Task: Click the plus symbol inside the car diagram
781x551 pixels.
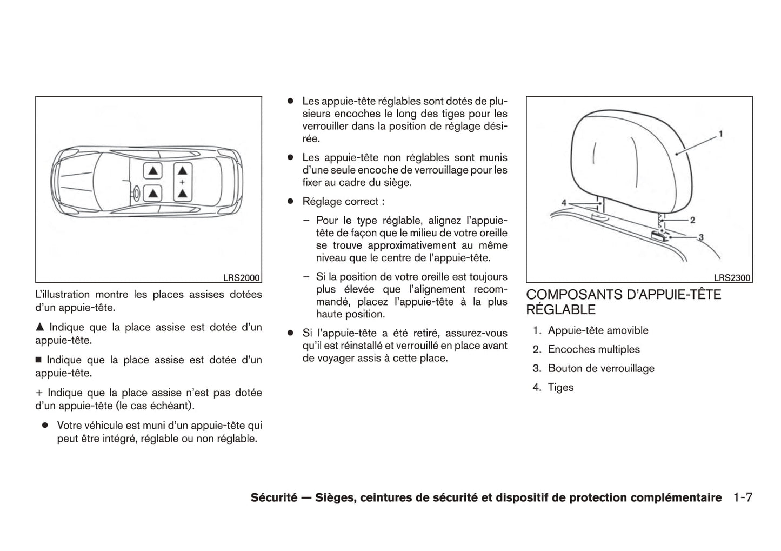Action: (x=182, y=182)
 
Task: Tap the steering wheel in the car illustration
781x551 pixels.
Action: (x=136, y=192)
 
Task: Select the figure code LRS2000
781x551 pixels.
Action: (x=242, y=278)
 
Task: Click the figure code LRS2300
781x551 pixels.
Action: (x=732, y=278)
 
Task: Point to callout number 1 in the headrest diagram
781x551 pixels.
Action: (x=720, y=134)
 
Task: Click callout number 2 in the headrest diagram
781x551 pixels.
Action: (x=692, y=220)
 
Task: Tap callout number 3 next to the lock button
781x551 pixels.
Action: (x=701, y=237)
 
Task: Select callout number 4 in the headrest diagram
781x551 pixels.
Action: (x=564, y=203)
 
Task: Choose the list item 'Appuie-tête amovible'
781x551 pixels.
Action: (x=598, y=330)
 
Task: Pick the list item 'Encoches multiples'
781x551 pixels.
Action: (x=593, y=349)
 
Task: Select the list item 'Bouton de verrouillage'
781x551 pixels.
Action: (x=601, y=368)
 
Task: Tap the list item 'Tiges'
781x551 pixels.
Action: (x=560, y=387)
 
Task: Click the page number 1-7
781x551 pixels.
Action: (x=743, y=497)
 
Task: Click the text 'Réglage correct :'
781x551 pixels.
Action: (x=343, y=202)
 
